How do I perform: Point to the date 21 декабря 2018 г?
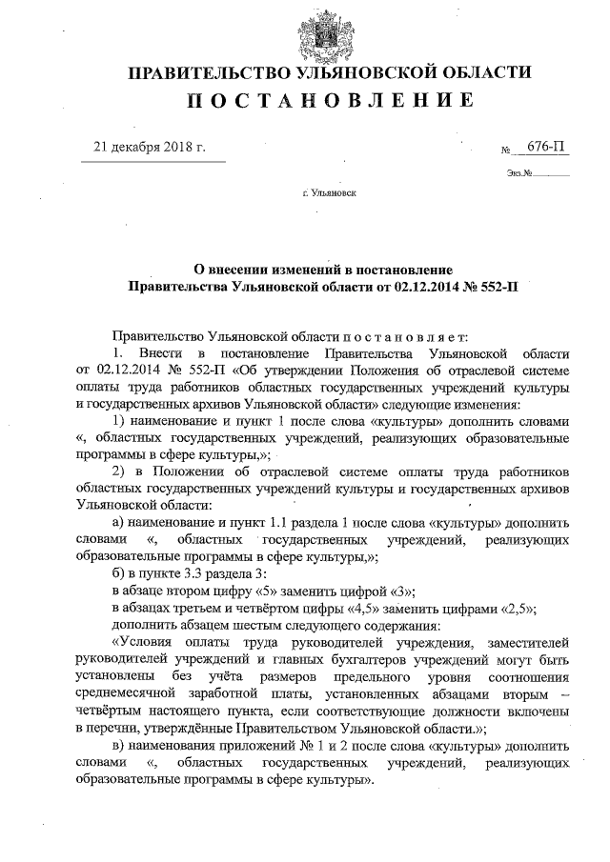[149, 148]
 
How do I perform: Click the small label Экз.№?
[520, 174]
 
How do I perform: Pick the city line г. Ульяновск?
[329, 192]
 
